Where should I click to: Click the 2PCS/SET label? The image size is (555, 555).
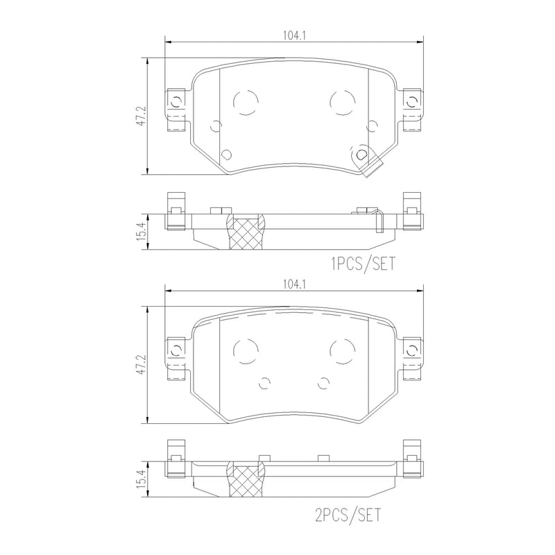[348, 515]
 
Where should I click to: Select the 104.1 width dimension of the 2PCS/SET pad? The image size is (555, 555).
[294, 284]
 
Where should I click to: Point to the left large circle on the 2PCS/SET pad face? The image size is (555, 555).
[245, 351]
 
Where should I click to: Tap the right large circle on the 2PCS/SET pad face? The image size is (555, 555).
[341, 351]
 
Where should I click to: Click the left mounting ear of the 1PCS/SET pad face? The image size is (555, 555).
[176, 111]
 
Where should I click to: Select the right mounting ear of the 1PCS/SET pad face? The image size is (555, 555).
[411, 111]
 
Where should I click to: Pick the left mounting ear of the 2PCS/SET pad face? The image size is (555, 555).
[176, 358]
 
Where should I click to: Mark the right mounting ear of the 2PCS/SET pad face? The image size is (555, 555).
[411, 358]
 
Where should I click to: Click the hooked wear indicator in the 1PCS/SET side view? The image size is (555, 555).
[378, 221]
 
